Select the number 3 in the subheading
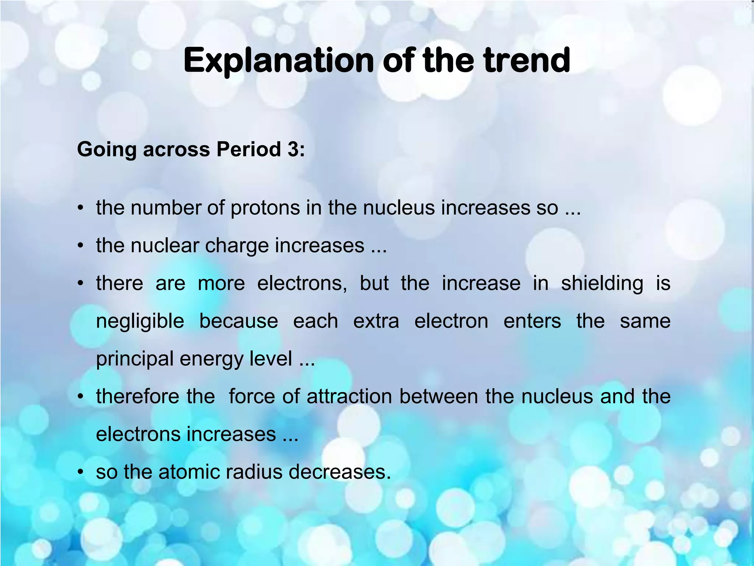(x=293, y=150)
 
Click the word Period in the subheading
(x=249, y=150)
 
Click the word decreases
(x=339, y=472)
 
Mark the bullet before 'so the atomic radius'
(x=81, y=472)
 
